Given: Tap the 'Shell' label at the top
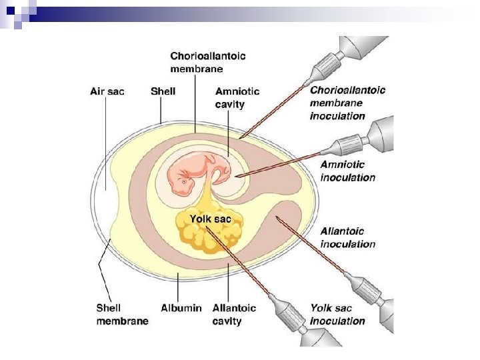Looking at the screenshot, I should pyautogui.click(x=163, y=91).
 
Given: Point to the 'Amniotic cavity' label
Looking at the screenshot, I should pyautogui.click(x=237, y=97).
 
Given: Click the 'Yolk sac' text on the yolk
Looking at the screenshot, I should pyautogui.click(x=211, y=219).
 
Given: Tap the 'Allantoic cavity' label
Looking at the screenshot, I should pyautogui.click(x=234, y=314).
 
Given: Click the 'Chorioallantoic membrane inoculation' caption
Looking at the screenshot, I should pyautogui.click(x=347, y=103).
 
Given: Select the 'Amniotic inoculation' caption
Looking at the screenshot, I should pyautogui.click(x=347, y=171).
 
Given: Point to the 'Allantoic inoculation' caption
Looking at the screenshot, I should pyautogui.click(x=347, y=237).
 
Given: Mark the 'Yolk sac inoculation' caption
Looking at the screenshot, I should pyautogui.click(x=338, y=314).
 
